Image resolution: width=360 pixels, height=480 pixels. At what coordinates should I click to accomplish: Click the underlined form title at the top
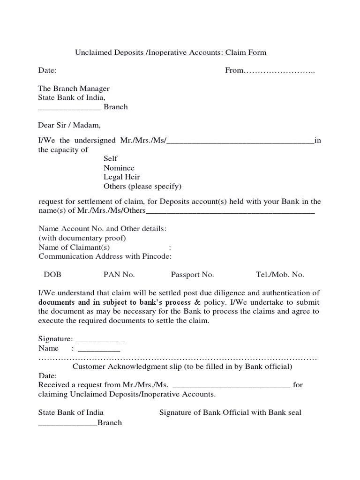(171, 52)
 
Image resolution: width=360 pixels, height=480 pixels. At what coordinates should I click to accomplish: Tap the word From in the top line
(234, 70)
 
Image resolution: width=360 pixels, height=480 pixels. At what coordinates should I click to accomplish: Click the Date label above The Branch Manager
(47, 70)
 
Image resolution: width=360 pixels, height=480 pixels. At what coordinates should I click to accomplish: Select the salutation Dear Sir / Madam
(69, 125)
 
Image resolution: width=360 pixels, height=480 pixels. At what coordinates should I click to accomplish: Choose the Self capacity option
(110, 159)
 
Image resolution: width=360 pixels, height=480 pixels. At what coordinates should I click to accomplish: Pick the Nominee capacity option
(119, 168)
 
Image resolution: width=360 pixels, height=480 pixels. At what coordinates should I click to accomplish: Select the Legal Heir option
(121, 177)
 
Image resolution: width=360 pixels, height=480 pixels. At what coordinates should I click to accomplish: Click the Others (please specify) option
(142, 186)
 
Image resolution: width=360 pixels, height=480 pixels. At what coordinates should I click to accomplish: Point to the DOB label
(52, 275)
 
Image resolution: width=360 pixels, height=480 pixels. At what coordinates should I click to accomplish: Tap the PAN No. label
(119, 275)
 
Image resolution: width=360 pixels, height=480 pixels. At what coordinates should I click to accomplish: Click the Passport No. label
(192, 275)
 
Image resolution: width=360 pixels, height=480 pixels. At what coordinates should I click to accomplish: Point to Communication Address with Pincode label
(105, 256)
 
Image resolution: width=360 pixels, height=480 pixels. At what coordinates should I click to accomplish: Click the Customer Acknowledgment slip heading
(183, 367)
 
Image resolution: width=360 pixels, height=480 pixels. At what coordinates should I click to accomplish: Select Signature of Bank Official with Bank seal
(230, 412)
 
